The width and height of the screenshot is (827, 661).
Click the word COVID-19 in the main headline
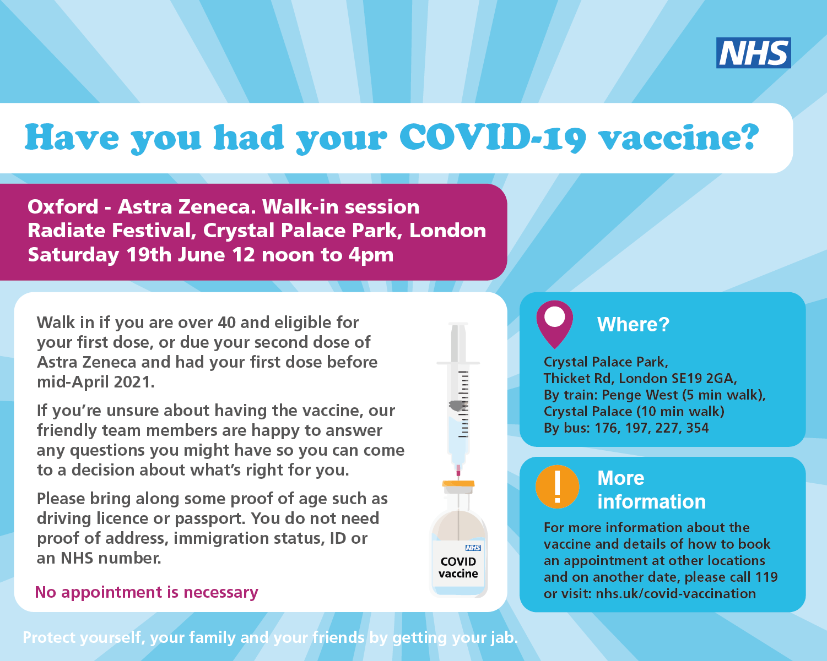tap(493, 138)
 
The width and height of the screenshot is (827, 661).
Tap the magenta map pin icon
tap(554, 324)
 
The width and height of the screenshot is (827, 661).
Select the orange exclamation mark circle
tap(557, 487)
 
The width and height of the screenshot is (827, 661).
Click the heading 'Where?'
tap(633, 324)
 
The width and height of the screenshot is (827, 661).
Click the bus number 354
tap(697, 428)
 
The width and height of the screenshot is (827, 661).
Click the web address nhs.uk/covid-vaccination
tap(675, 593)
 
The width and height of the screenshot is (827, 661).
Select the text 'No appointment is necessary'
tap(147, 592)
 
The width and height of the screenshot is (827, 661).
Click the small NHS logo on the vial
tap(473, 548)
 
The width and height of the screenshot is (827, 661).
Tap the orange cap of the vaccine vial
tap(458, 484)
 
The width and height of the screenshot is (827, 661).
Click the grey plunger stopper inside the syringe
tap(457, 406)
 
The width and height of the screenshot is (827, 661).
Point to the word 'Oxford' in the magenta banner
tap(63, 206)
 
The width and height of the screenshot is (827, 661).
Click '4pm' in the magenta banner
tap(371, 255)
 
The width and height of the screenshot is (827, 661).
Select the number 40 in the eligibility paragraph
tap(227, 323)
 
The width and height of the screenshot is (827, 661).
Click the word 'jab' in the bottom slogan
tap(505, 638)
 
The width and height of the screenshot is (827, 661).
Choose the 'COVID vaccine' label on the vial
tap(458, 567)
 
